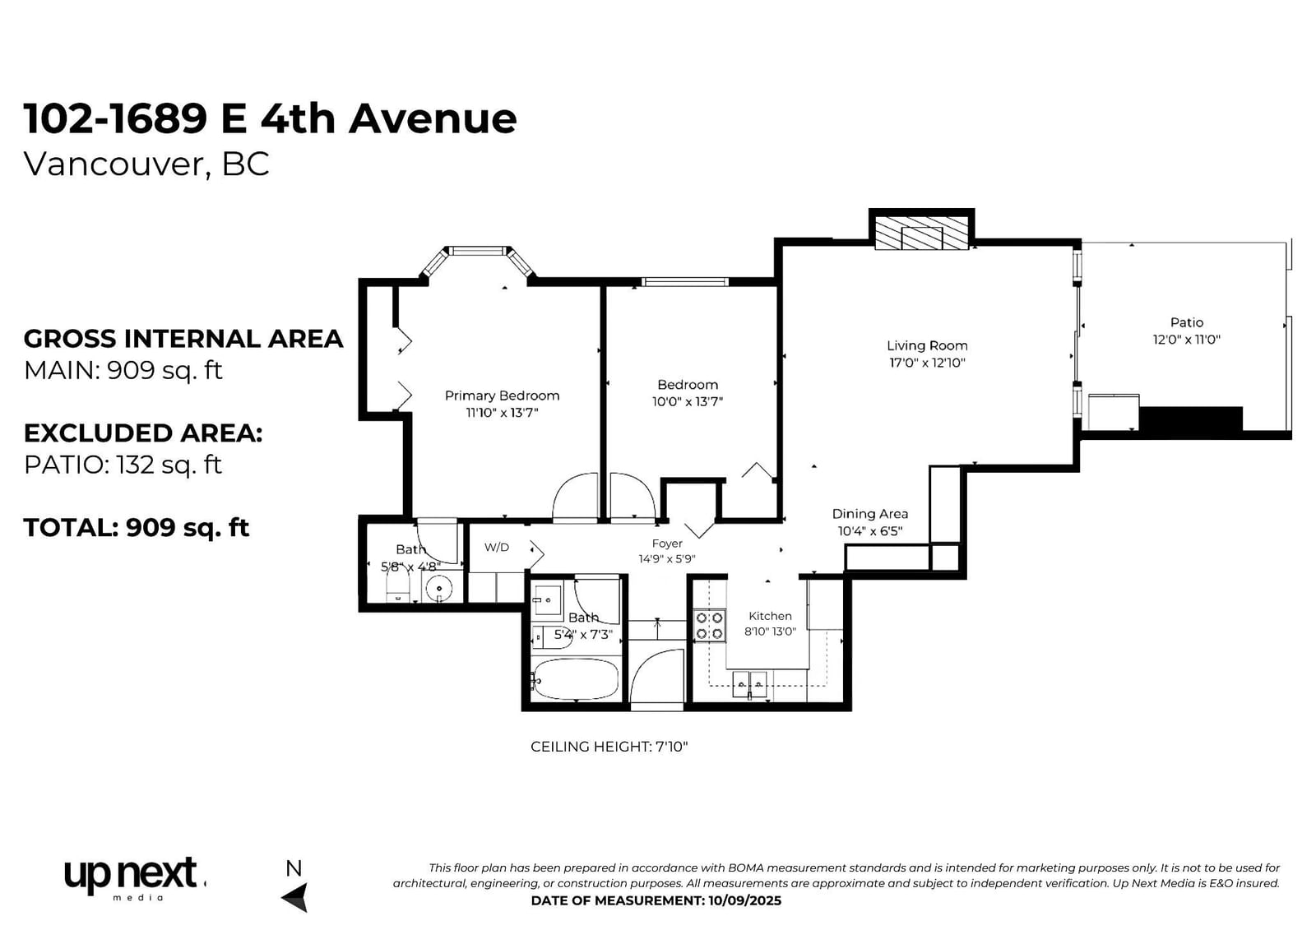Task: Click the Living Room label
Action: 927,345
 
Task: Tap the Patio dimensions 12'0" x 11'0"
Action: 1187,339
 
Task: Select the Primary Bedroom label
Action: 502,396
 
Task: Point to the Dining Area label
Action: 870,514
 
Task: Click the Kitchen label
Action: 770,616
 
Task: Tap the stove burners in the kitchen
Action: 710,625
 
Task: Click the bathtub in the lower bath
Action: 575,678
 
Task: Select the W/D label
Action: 497,547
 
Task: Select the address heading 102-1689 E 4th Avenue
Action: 271,118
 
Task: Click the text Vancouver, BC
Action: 146,164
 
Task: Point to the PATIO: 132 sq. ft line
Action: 123,465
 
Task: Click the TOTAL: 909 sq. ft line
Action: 137,528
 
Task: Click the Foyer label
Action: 667,544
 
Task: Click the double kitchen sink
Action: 749,684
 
